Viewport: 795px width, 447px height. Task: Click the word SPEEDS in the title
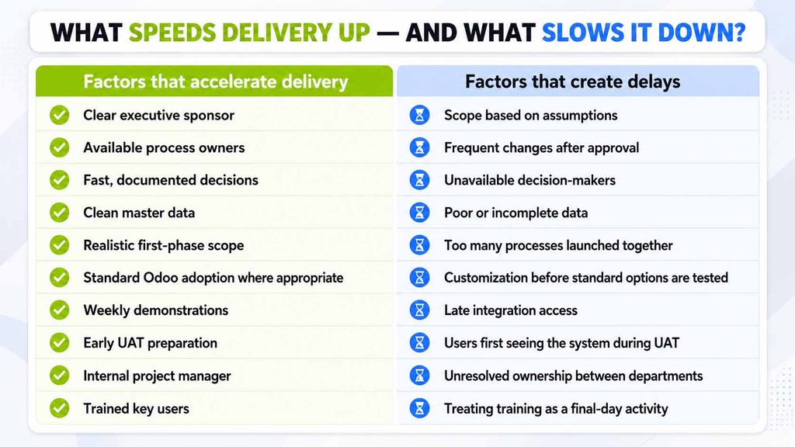tap(172, 33)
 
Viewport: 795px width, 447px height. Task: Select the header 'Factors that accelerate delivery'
tap(216, 81)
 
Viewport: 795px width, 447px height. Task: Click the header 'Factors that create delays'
tap(572, 81)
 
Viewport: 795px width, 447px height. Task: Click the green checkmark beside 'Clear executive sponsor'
tap(59, 115)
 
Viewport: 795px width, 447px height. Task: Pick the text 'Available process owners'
tap(164, 147)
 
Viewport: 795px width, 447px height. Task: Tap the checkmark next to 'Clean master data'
tap(59, 213)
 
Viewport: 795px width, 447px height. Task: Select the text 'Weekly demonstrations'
tap(155, 310)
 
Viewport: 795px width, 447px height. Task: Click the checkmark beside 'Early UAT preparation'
tap(59, 342)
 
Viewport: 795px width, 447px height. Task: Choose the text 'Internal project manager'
tap(157, 376)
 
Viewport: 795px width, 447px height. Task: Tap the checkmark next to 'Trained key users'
tap(59, 408)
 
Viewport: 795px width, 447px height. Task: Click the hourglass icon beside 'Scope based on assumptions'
tap(419, 115)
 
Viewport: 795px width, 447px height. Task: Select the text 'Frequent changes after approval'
tap(541, 147)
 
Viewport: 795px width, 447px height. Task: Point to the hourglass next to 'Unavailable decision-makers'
tap(419, 180)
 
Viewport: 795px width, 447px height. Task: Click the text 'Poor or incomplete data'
tap(516, 213)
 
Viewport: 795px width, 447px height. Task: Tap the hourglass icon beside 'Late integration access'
tap(419, 310)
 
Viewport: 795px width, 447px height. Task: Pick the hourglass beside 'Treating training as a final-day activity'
tap(419, 408)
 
